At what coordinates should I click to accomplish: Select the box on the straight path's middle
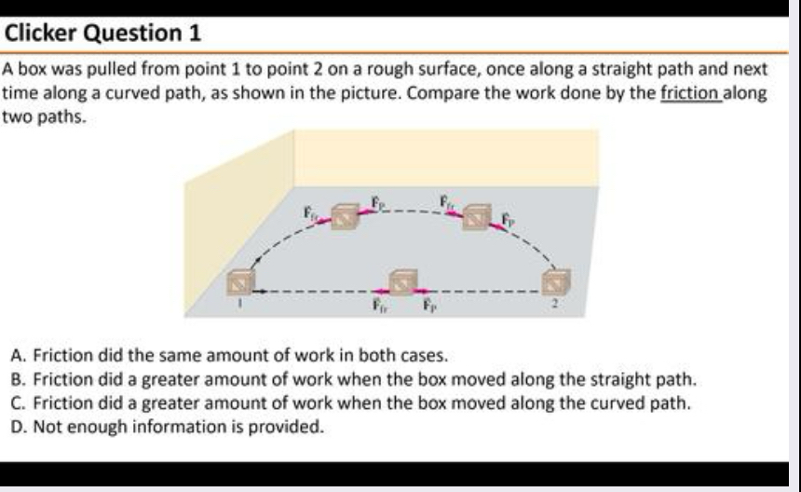pyautogui.click(x=402, y=281)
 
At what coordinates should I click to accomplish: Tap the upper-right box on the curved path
pyautogui.click(x=477, y=216)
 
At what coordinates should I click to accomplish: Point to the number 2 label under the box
pyautogui.click(x=557, y=302)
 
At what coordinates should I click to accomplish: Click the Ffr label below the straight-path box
pyautogui.click(x=380, y=305)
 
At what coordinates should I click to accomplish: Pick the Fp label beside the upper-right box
pyautogui.click(x=508, y=220)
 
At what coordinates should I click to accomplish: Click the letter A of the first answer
pyautogui.click(x=19, y=355)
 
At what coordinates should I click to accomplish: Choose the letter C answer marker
pyautogui.click(x=19, y=403)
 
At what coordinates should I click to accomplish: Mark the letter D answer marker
pyautogui.click(x=19, y=428)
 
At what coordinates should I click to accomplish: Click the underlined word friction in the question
pyautogui.click(x=690, y=94)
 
